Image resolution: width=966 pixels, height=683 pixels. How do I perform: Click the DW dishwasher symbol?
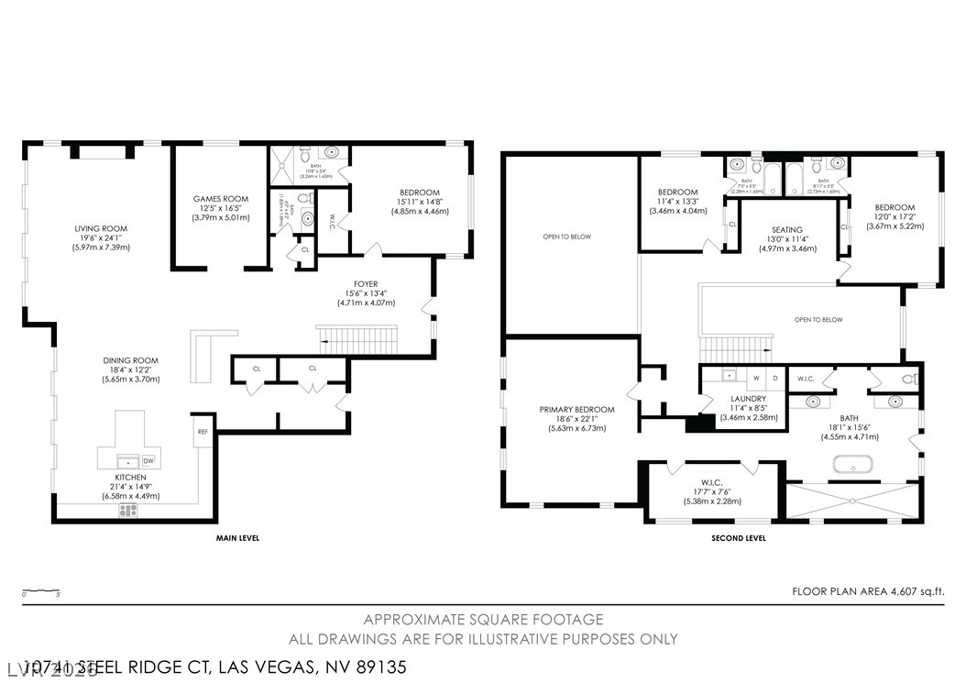(x=148, y=461)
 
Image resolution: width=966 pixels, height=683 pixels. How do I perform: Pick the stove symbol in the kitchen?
(x=128, y=510)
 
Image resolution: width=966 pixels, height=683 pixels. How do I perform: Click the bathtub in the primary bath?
(x=853, y=466)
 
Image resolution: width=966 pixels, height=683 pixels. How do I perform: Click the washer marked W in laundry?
(x=757, y=377)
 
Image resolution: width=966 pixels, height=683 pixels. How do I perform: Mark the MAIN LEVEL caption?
(x=237, y=538)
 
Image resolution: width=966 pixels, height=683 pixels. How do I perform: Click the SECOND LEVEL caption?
(x=739, y=538)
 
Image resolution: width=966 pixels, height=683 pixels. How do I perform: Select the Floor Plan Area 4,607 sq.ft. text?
(x=867, y=592)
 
